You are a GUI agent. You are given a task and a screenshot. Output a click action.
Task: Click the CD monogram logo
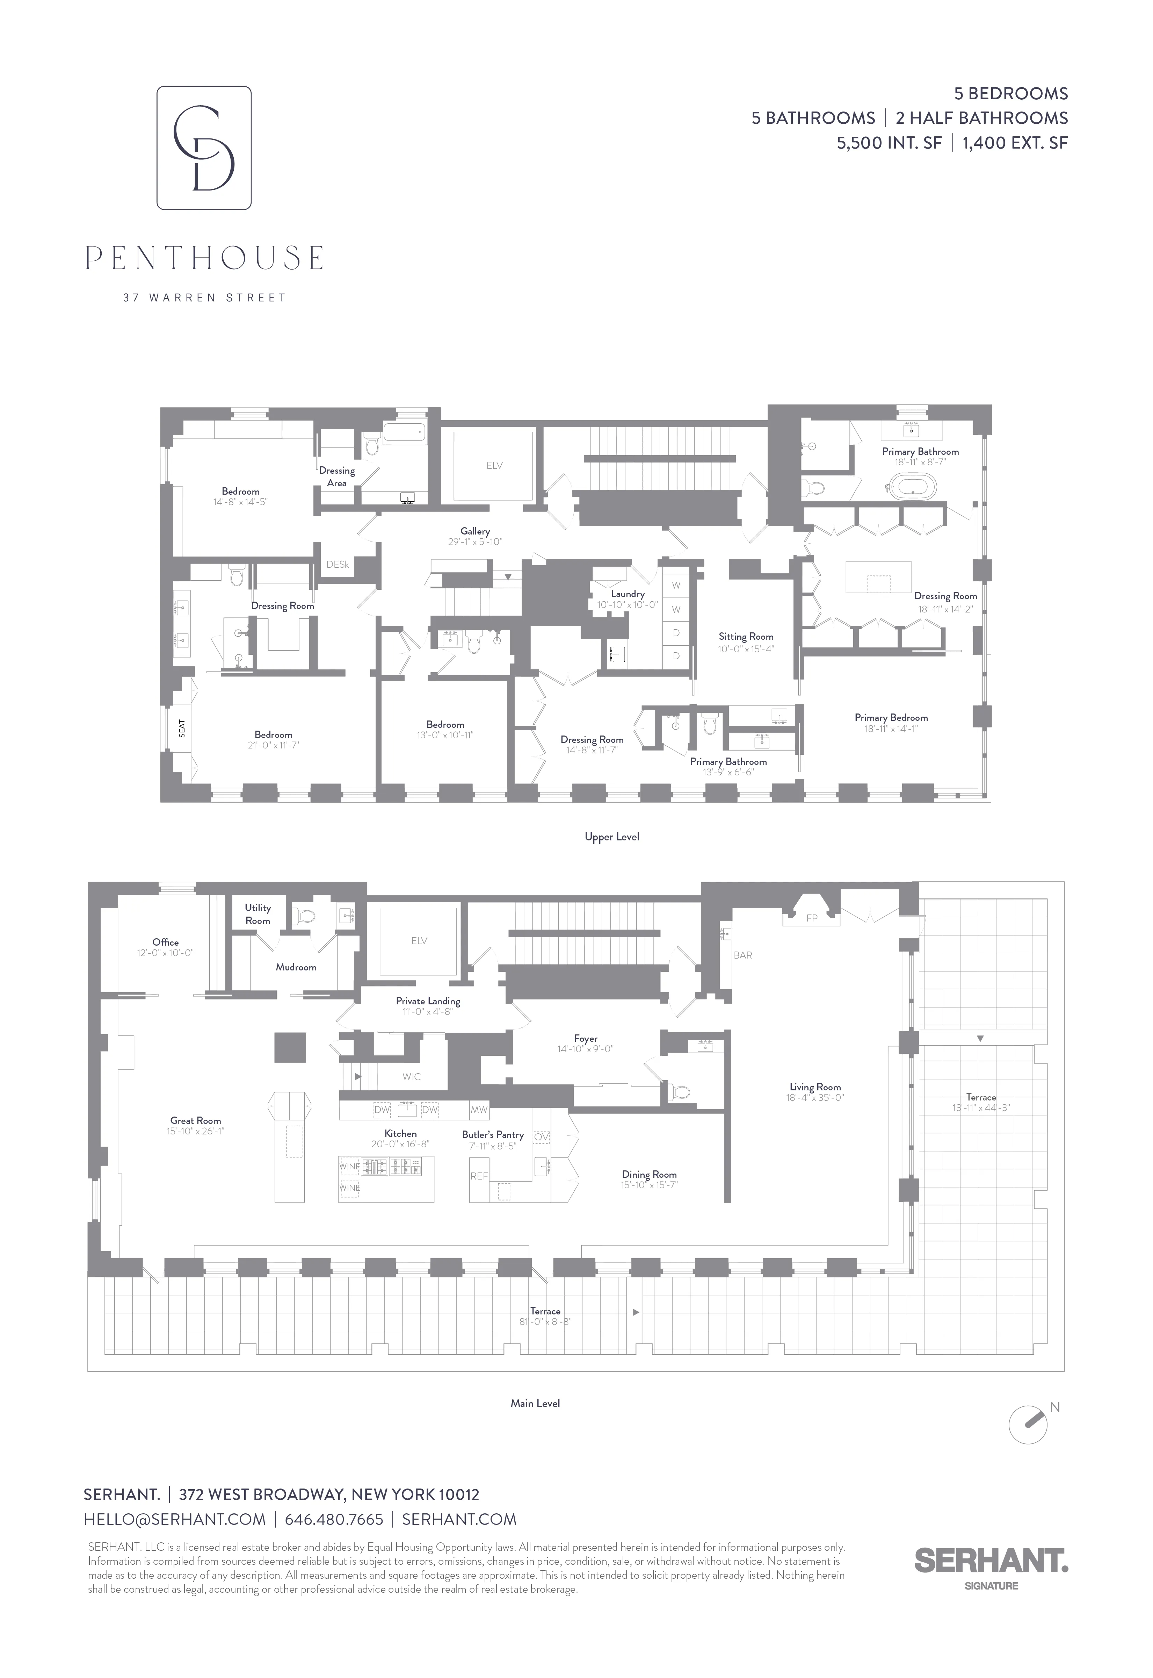coord(204,148)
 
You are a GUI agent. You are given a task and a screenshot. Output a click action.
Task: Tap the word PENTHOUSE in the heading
coord(204,258)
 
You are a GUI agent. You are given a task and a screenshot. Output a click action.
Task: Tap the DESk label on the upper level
coord(338,564)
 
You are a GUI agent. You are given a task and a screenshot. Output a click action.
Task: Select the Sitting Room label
coord(746,637)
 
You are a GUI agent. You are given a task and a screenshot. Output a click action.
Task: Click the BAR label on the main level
coord(743,955)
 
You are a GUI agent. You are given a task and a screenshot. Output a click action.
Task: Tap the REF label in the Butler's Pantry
coord(479,1176)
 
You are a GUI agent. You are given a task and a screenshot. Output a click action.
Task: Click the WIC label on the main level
coord(412,1077)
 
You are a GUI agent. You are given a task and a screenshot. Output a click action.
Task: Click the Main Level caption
coord(535,1403)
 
